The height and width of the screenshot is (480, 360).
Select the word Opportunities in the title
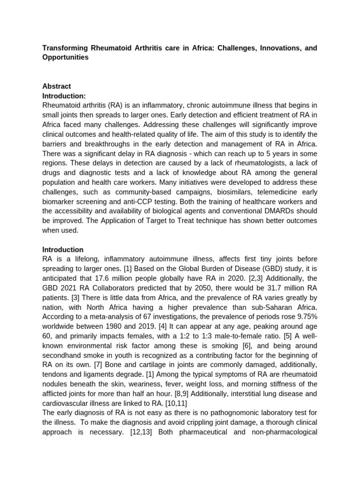65,57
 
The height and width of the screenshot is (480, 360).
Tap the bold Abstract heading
57,86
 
